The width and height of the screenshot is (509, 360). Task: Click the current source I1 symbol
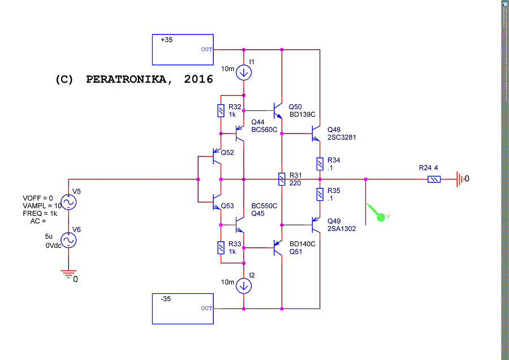[244, 71]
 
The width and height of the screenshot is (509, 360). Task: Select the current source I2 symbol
[244, 286]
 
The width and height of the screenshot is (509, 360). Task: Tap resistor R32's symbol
[221, 110]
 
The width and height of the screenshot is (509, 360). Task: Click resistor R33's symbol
[221, 248]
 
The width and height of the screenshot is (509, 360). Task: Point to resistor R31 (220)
[281, 179]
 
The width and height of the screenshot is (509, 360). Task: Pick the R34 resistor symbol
[320, 164]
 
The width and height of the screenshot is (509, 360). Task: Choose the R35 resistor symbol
[320, 194]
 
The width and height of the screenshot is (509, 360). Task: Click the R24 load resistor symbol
[433, 179]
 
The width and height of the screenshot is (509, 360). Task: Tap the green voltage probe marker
[381, 215]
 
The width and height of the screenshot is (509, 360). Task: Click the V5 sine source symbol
[68, 202]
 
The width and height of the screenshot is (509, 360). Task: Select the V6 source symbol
[68, 240]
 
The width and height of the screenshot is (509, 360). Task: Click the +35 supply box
[183, 49]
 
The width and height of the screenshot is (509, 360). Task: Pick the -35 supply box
[183, 308]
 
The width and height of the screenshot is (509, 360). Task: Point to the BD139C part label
[302, 115]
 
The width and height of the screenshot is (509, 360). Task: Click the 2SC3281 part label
[342, 138]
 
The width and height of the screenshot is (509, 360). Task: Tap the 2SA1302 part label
[342, 229]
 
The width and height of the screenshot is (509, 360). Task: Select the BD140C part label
[302, 244]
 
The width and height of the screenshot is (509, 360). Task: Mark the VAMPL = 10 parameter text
[42, 205]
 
